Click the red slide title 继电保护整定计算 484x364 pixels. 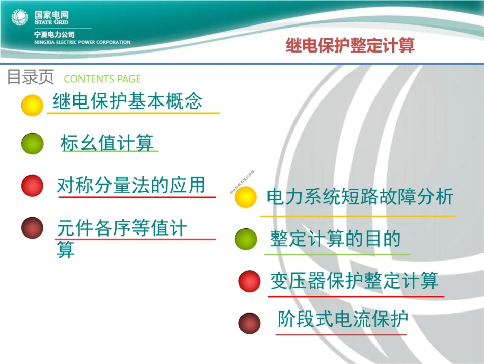[350, 46]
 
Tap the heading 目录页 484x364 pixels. [30, 77]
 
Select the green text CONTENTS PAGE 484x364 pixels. [102, 79]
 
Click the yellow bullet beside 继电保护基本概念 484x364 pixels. [32, 105]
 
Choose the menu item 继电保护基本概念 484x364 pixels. [127, 101]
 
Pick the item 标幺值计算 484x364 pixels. [107, 143]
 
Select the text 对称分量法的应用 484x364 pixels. [131, 185]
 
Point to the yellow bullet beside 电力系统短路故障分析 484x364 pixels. [246, 197]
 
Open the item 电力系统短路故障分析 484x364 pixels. [360, 197]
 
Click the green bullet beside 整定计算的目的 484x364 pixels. [246, 239]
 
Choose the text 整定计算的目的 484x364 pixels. [335, 239]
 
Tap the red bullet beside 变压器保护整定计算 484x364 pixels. [249, 281]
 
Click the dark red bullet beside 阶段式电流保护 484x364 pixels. [249, 322]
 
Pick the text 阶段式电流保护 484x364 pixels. [343, 320]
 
